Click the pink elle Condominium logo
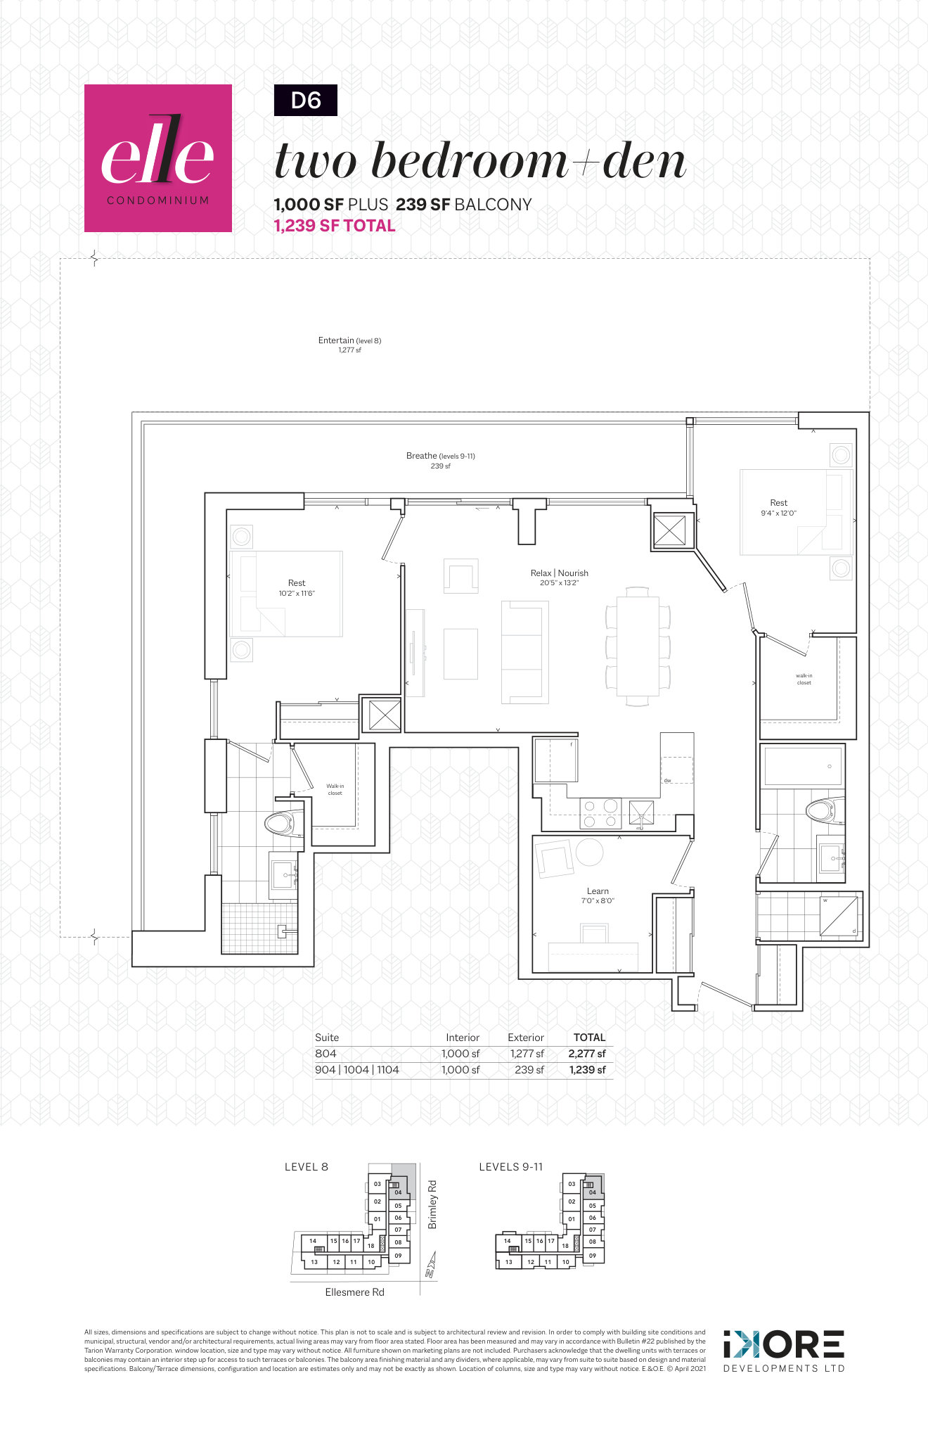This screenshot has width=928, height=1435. click(157, 158)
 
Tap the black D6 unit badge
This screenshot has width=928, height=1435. click(305, 100)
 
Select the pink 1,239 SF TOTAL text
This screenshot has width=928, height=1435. click(335, 226)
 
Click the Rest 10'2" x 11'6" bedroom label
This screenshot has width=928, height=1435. click(296, 587)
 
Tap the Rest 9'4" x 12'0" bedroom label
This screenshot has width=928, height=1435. click(778, 507)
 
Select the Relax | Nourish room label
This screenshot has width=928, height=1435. click(559, 577)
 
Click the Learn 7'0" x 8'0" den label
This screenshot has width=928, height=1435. click(598, 895)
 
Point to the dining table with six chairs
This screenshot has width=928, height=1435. click(638, 646)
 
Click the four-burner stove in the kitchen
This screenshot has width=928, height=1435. click(600, 812)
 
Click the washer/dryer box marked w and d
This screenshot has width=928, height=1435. click(839, 915)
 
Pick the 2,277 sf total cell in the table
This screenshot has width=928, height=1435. click(586, 1054)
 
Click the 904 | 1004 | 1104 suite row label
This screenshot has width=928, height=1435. click(357, 1070)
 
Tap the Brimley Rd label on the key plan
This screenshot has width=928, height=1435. click(432, 1205)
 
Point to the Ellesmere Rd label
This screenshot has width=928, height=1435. click(354, 1292)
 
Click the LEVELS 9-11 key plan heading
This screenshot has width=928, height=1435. click(510, 1167)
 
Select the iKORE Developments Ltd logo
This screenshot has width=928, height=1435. click(783, 1350)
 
